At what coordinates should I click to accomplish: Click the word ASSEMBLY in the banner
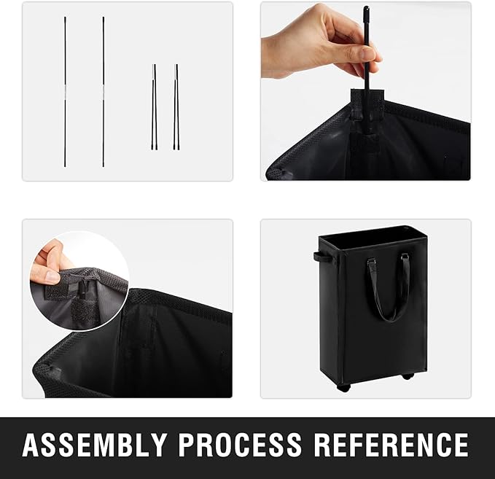95,445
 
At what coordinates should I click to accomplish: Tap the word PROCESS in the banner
240,445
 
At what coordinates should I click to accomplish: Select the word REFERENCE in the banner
391,445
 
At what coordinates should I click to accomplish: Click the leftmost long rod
65,92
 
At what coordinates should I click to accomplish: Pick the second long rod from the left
104,92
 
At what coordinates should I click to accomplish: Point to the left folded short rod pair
154,107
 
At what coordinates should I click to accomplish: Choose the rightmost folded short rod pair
176,107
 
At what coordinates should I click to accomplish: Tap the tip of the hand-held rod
366,7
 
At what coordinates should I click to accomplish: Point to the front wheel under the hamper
343,388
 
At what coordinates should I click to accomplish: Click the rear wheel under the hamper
408,375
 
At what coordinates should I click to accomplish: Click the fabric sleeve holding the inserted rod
367,104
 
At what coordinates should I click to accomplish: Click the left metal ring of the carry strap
371,261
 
